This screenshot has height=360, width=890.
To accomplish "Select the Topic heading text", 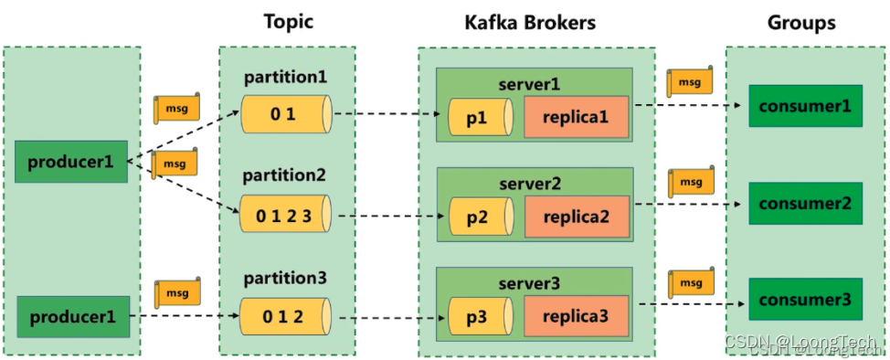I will [289, 22].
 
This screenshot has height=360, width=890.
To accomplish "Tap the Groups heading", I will [800, 22].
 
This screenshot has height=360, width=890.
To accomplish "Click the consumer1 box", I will [804, 106].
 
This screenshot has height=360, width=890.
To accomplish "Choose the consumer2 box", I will [804, 204].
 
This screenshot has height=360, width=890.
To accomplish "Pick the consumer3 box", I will [804, 300].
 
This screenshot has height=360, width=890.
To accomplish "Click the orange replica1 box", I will [577, 118].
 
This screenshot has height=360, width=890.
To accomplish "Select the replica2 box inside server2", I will [577, 217].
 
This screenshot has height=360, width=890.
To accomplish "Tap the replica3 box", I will [577, 317].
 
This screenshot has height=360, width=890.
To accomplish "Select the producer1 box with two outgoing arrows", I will [71, 163].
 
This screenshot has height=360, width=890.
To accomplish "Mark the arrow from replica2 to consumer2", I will [685, 206].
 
